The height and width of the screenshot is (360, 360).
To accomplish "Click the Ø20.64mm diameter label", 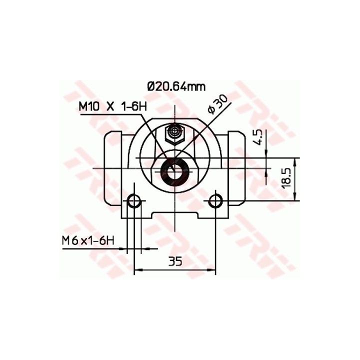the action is (x=176, y=87).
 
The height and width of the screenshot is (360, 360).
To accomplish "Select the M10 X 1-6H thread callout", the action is (x=112, y=107).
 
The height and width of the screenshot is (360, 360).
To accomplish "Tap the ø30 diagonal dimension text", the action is (x=217, y=104).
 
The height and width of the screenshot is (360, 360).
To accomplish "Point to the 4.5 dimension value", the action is (x=258, y=137).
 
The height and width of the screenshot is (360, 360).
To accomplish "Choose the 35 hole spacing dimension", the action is (x=175, y=261).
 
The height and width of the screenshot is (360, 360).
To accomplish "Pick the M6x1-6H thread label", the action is (x=88, y=241).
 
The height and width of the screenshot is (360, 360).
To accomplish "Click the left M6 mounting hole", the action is (x=133, y=201).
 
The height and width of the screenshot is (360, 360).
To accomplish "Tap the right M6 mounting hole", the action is (x=215, y=201).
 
